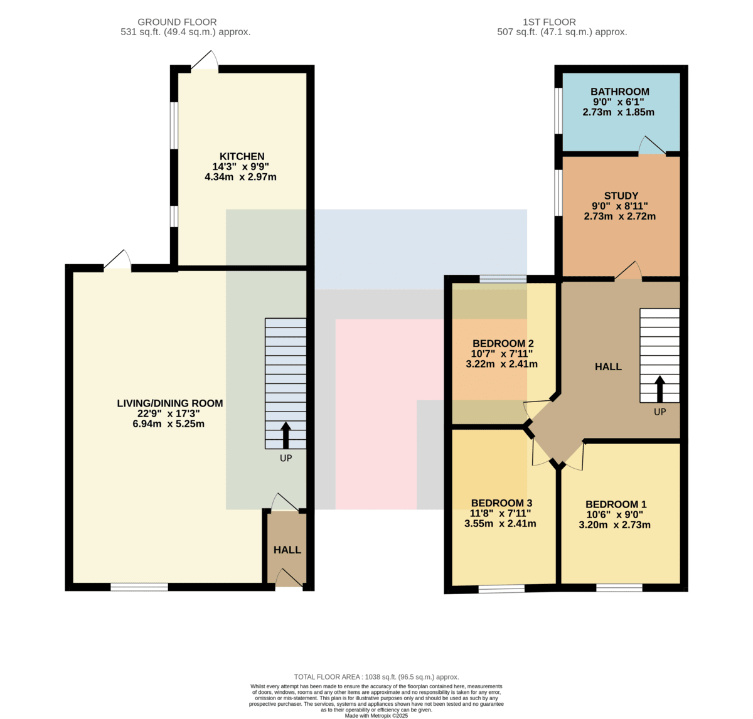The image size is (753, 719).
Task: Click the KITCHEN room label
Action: (x=242, y=156)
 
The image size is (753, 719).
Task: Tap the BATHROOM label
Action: (x=619, y=92)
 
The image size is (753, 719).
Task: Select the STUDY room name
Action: (x=621, y=196)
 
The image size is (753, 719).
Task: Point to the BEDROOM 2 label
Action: (x=503, y=343)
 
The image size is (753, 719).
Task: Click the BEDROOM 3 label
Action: (x=501, y=503)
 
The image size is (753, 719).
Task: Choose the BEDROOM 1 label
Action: (x=616, y=504)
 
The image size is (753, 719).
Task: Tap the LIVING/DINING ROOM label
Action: (x=170, y=403)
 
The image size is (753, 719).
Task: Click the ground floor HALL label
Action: (x=287, y=550)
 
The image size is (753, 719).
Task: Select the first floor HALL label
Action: (x=608, y=366)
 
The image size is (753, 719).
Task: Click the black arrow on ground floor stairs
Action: (x=286, y=435)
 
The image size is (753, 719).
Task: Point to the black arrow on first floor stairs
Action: (x=660, y=388)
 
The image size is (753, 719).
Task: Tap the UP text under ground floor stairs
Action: (x=286, y=458)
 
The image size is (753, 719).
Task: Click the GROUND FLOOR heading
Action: (x=177, y=22)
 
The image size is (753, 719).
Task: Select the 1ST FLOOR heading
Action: (x=549, y=22)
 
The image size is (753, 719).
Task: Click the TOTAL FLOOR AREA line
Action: (x=376, y=677)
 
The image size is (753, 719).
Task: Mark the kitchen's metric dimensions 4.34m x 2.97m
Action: (x=240, y=177)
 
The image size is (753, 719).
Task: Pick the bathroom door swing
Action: (x=651, y=146)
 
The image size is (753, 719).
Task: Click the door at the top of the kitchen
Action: (x=205, y=60)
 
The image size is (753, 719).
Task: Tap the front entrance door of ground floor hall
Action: (x=289, y=578)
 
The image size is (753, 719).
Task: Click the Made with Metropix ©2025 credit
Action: (x=376, y=716)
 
